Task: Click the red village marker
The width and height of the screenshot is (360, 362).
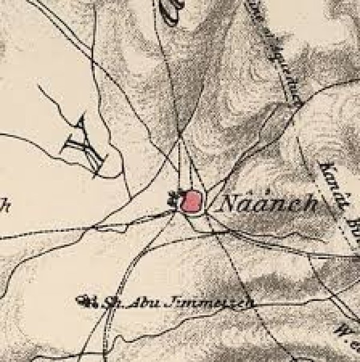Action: (191, 202)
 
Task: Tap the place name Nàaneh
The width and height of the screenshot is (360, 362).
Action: (269, 204)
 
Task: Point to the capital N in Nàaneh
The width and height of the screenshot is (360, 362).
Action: (229, 204)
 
